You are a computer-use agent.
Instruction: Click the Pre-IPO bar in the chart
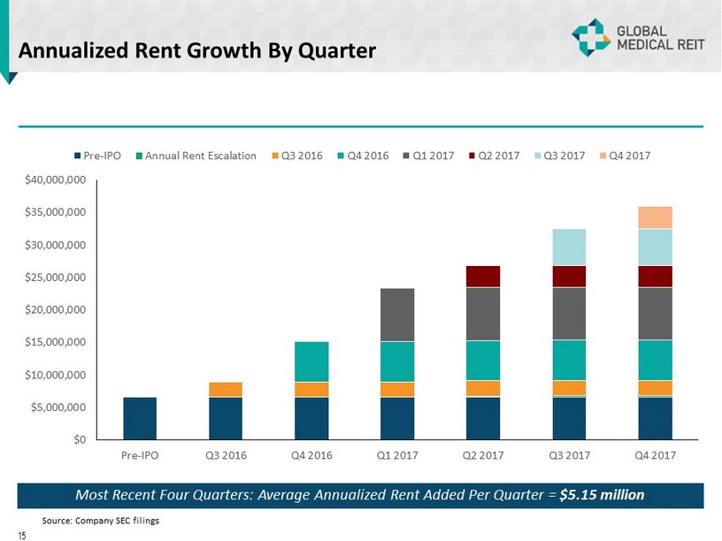[140, 418]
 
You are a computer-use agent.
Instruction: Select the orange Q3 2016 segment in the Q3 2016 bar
[226, 389]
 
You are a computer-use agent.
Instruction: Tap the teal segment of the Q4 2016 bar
[311, 362]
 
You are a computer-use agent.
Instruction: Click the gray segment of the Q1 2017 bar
[397, 315]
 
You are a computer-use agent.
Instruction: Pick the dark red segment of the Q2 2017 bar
[483, 276]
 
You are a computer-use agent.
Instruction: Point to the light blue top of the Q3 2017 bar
[569, 247]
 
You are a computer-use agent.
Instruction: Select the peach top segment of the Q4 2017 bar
[655, 217]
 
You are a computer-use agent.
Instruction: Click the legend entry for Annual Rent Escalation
[196, 156]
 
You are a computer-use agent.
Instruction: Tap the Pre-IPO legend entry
[100, 156]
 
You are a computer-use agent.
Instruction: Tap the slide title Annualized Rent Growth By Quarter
[196, 51]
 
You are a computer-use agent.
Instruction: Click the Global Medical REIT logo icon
[588, 37]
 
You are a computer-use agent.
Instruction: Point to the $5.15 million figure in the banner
[602, 493]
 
